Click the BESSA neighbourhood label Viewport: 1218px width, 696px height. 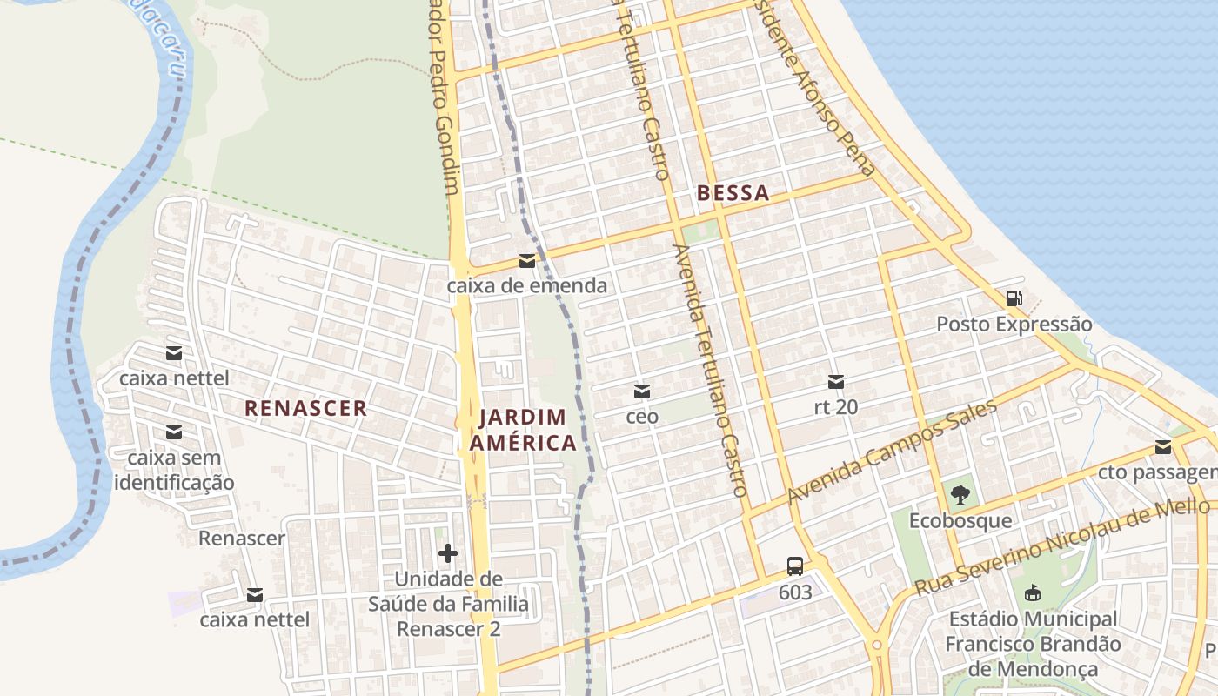tap(733, 193)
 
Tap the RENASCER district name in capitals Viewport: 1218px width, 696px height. tap(305, 408)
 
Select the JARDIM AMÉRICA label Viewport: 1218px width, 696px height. tap(523, 430)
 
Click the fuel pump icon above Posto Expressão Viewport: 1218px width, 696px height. tap(1014, 298)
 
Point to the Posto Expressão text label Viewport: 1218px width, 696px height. tap(1014, 325)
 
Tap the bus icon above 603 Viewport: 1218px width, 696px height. tap(795, 566)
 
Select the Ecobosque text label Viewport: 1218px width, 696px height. tap(960, 521)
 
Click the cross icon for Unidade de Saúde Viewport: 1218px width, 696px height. tap(448, 553)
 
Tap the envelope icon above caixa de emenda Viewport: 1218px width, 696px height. tap(526, 261)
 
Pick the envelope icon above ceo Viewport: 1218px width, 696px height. tap(642, 391)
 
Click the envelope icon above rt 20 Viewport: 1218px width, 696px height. tap(836, 381)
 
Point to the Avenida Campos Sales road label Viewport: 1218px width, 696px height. tap(892, 452)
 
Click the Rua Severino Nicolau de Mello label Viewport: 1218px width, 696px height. tap(1061, 548)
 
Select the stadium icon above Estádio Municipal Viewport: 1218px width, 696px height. tap(1032, 593)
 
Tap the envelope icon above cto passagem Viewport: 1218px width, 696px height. tap(1163, 447)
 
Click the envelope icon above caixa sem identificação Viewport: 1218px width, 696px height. tap(174, 432)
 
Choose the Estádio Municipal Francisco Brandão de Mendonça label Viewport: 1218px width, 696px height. tap(1032, 644)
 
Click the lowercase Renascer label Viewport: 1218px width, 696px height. tap(241, 539)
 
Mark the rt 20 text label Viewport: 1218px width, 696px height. tap(836, 406)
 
